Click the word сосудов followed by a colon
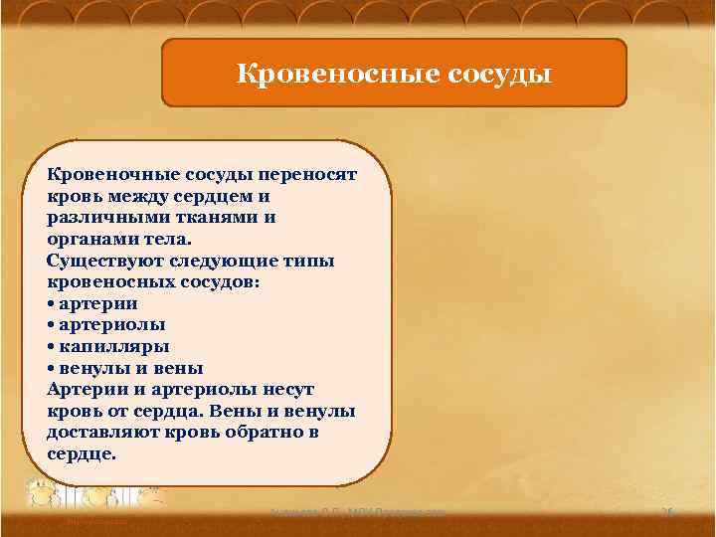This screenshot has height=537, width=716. click(210, 282)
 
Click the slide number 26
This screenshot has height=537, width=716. click(667, 511)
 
